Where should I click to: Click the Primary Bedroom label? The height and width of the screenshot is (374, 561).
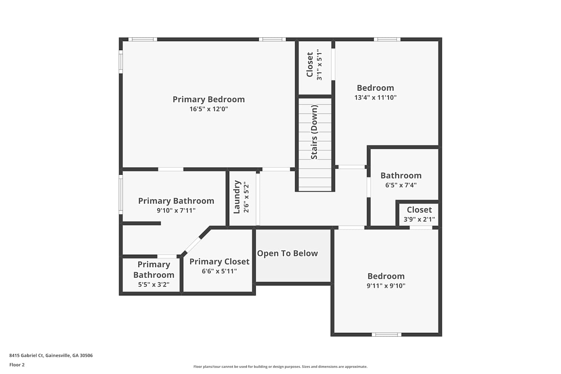click(209, 99)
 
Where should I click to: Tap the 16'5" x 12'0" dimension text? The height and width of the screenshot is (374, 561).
click(209, 109)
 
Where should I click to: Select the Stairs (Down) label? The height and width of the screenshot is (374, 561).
click(314, 132)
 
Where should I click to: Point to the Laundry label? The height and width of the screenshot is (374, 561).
click(237, 197)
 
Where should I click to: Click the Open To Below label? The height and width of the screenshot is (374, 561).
click(288, 253)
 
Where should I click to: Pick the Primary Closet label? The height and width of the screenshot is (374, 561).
click(220, 261)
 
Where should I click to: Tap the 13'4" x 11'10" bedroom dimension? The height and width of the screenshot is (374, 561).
click(375, 98)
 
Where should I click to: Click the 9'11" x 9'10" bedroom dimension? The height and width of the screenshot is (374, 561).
click(386, 286)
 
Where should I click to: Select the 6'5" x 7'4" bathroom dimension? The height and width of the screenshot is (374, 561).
click(401, 185)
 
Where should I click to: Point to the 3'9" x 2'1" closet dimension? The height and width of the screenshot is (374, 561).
click(419, 220)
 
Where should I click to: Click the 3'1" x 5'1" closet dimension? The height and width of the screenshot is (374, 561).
click(319, 65)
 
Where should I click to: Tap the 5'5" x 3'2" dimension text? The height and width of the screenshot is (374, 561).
click(154, 285)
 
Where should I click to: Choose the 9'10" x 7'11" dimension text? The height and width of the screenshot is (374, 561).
click(176, 211)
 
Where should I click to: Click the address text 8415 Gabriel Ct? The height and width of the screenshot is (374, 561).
click(27, 355)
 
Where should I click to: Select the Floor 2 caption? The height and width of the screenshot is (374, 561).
click(17, 365)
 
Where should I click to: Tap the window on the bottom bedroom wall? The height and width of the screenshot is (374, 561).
click(386, 335)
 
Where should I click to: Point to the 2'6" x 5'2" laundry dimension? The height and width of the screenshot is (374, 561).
click(246, 197)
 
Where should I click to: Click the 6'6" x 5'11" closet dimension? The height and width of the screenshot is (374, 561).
click(220, 271)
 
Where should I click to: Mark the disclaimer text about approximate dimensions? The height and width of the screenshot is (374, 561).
click(280, 367)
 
